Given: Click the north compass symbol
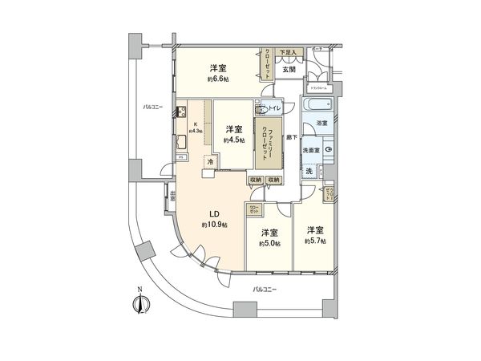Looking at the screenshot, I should click(141, 302).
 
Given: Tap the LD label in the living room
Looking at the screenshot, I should click(215, 213).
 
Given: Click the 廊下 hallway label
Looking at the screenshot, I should click(294, 138).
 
